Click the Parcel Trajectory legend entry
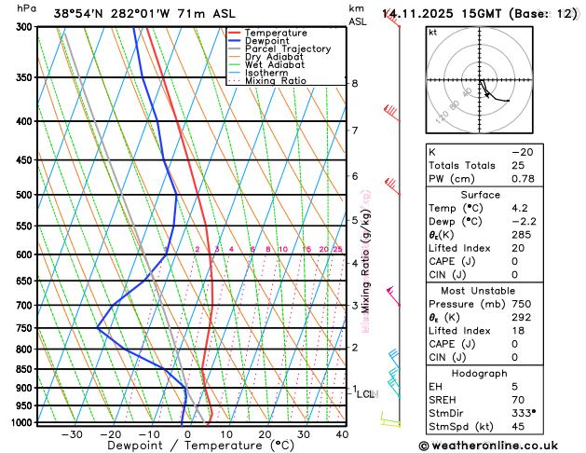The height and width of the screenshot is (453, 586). [x=287, y=48]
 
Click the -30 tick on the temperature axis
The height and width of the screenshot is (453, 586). [x=72, y=434]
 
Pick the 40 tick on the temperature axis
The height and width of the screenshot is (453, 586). [x=342, y=434]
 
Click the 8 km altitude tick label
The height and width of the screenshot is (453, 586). [x=355, y=84]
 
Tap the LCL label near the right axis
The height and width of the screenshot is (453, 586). [x=365, y=394]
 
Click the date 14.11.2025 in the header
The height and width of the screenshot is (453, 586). [x=414, y=13]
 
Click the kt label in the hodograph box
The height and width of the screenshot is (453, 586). [x=432, y=32]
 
